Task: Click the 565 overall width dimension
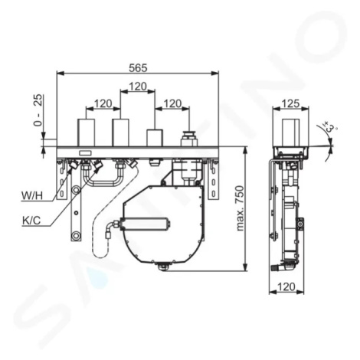(x=138, y=68)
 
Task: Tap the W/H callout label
(x=32, y=195)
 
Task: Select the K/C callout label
(x=31, y=220)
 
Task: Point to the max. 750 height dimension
(x=241, y=208)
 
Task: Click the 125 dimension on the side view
(x=291, y=103)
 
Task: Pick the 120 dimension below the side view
(x=286, y=287)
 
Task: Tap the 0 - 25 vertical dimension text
(x=38, y=110)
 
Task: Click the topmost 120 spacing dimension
(x=138, y=87)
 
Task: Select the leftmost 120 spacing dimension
(x=103, y=103)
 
